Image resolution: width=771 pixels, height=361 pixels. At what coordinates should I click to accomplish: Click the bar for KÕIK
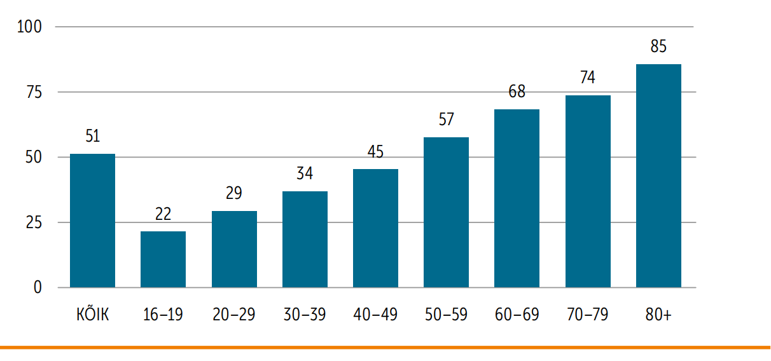92,221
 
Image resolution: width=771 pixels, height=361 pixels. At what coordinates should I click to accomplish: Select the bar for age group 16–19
163,259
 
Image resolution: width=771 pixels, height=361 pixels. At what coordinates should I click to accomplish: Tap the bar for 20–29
234,249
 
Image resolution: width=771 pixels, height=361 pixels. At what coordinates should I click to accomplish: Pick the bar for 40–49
375,228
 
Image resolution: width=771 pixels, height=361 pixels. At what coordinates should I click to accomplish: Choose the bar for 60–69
517,198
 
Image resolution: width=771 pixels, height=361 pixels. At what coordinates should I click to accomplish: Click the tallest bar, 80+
658,175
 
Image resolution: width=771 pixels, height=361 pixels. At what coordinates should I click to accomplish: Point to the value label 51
92,136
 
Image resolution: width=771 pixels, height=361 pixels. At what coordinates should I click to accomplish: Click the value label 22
163,214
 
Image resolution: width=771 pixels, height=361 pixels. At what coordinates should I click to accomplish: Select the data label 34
305,173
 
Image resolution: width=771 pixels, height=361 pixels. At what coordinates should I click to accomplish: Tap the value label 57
446,119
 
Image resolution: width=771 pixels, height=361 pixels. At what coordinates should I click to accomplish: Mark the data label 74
588,78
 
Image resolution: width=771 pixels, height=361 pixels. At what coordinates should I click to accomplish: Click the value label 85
658,46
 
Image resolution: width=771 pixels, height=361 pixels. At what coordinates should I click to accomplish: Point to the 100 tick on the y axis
29,27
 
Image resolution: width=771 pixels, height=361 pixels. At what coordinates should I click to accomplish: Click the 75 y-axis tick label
32,92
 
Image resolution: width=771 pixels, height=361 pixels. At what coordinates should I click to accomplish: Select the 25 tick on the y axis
32,222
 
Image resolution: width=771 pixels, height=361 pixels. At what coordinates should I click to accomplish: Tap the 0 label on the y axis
37,287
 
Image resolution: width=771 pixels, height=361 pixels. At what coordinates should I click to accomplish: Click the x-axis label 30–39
305,315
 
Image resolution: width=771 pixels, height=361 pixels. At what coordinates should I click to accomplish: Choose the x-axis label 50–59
446,315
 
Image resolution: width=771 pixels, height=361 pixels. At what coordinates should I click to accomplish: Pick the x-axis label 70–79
588,315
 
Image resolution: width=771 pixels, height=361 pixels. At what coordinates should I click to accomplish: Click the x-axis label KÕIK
92,314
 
